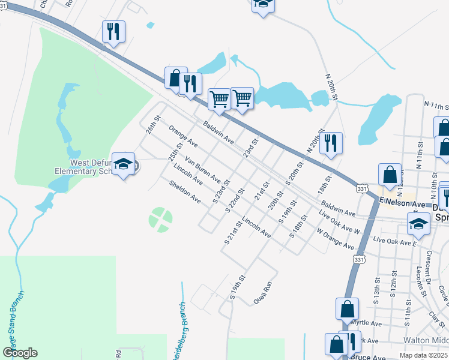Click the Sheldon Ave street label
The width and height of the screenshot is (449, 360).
click(x=185, y=192)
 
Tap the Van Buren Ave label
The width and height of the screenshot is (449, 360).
click(x=203, y=170)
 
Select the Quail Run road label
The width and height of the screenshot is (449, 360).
click(x=264, y=292)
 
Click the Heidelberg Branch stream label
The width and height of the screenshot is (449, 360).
click(x=178, y=329)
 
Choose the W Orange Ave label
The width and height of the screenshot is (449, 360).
click(x=336, y=238)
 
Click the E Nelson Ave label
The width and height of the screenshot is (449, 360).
click(x=402, y=204)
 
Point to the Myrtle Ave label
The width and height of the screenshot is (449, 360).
click(x=366, y=323)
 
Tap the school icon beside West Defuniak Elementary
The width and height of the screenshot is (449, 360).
click(x=124, y=164)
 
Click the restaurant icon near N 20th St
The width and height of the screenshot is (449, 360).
click(x=330, y=144)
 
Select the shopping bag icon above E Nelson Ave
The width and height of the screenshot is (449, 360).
click(x=390, y=175)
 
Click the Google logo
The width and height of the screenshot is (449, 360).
click(x=20, y=352)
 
